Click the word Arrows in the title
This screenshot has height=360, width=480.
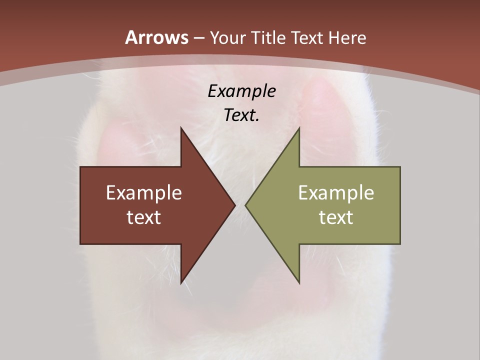click(x=157, y=37)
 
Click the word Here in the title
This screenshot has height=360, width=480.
click(x=347, y=38)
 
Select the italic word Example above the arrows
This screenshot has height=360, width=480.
click(x=241, y=91)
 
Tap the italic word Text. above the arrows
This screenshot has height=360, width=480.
click(x=241, y=115)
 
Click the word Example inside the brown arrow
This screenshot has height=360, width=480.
click(x=144, y=193)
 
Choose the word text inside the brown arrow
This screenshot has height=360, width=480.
click(x=144, y=217)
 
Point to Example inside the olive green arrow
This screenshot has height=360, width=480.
click(x=336, y=193)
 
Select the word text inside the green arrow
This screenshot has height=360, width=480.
click(x=336, y=217)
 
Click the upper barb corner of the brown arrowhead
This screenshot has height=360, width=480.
click(x=181, y=128)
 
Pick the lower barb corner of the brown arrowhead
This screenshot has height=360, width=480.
click(x=181, y=283)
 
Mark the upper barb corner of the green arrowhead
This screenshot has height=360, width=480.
click(x=299, y=128)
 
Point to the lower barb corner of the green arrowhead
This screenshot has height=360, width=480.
click(x=299, y=283)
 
